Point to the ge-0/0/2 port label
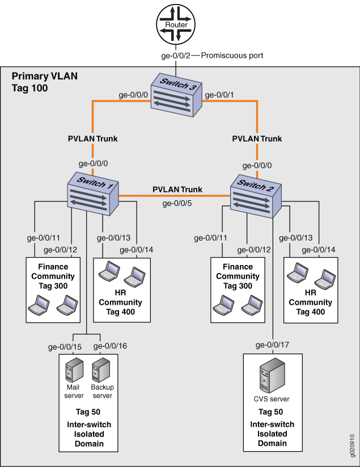(176, 56)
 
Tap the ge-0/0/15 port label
(65, 346)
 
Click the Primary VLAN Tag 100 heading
(37, 82)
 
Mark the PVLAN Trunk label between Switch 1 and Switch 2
(177, 190)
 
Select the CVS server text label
(271, 399)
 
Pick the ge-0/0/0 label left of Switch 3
(133, 95)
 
